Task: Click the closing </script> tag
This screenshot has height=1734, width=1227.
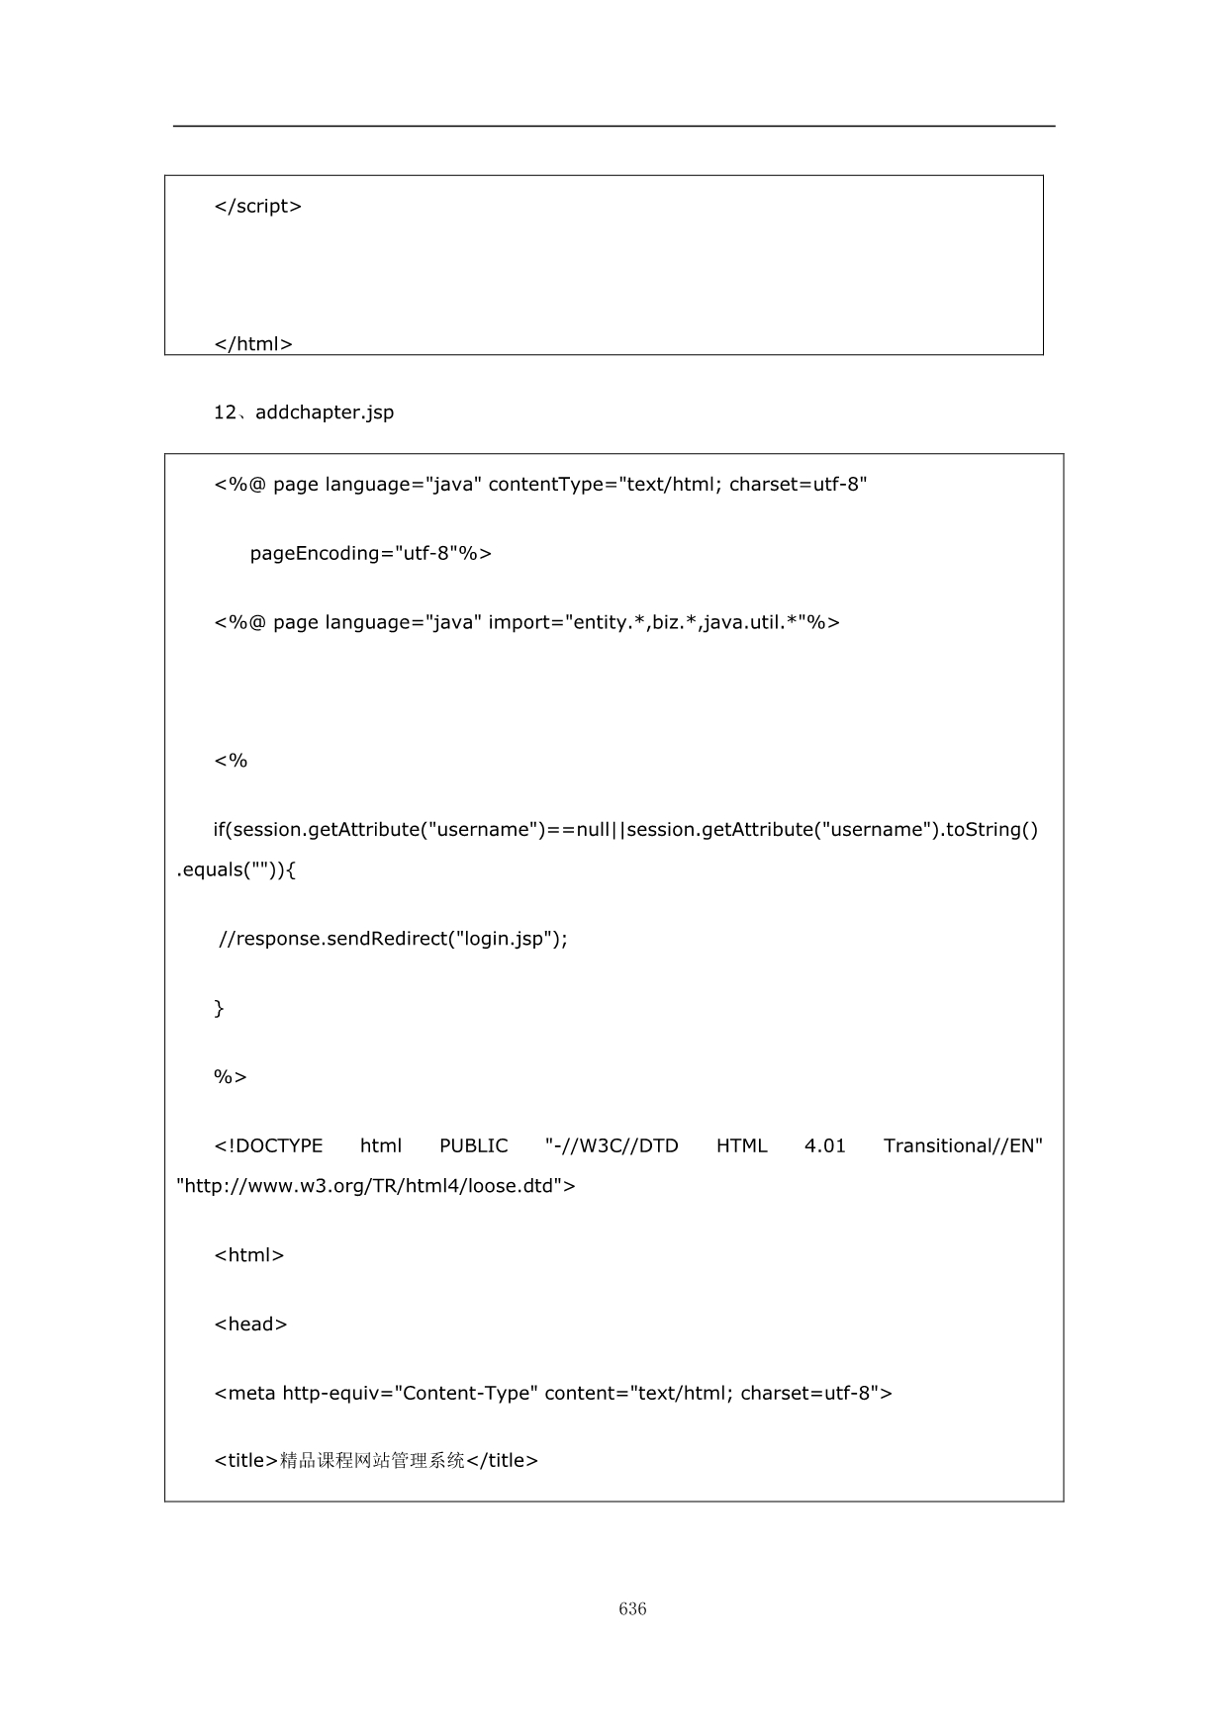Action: point(258,207)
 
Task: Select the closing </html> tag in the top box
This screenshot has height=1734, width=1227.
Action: point(253,344)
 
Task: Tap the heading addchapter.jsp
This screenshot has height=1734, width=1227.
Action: point(325,412)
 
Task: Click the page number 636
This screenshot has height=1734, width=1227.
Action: point(632,1608)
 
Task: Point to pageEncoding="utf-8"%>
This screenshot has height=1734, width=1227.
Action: point(371,553)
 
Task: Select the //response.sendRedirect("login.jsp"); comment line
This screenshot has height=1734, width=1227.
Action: point(394,939)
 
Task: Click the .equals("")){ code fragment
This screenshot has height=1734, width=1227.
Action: point(236,869)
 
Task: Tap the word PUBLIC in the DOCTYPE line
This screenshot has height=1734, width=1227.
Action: point(473,1145)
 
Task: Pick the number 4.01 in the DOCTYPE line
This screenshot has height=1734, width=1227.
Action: point(825,1145)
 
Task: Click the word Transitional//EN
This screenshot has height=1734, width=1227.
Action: point(963,1145)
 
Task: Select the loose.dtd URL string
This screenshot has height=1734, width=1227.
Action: point(376,1185)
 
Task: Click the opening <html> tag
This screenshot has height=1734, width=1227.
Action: point(249,1255)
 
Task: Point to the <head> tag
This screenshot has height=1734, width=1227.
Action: point(250,1324)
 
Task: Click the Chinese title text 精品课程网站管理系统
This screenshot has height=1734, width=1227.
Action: point(372,1461)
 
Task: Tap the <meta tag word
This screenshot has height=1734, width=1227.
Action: point(245,1394)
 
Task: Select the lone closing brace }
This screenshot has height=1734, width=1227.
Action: point(220,1008)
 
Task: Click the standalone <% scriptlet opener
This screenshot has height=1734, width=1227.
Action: point(231,761)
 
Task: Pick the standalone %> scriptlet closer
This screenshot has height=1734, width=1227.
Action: point(231,1077)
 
